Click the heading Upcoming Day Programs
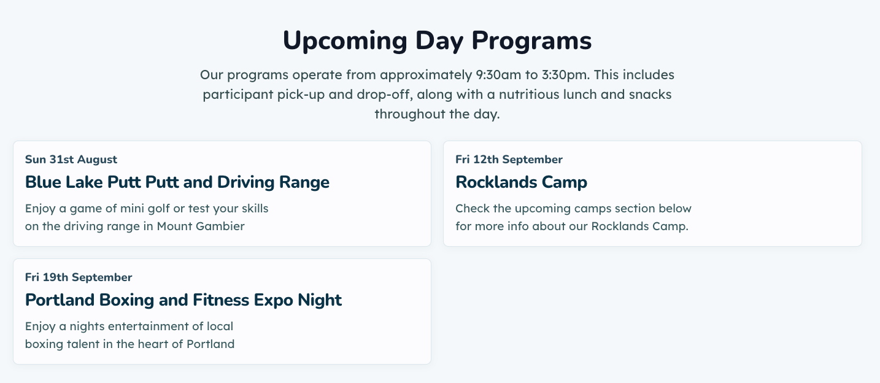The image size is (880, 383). pyautogui.click(x=437, y=41)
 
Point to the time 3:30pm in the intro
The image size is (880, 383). pyautogui.click(x=566, y=75)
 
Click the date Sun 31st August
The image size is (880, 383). pyautogui.click(x=71, y=160)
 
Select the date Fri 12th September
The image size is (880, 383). pyautogui.click(x=509, y=160)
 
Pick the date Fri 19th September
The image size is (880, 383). pyautogui.click(x=79, y=277)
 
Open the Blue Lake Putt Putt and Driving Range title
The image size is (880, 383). pyautogui.click(x=177, y=182)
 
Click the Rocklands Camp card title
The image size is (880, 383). pyautogui.click(x=522, y=182)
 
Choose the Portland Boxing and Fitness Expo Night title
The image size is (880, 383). pyautogui.click(x=183, y=300)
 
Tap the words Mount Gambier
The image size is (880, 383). pyautogui.click(x=201, y=226)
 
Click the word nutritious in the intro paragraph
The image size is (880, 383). pyautogui.click(x=526, y=95)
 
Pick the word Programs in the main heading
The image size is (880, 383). pyautogui.click(x=531, y=41)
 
